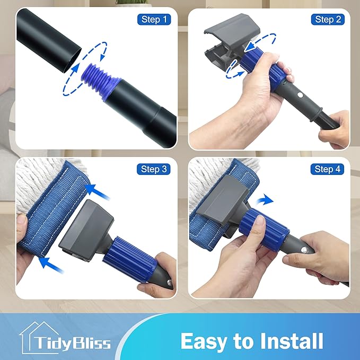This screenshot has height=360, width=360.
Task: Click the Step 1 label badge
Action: click(154, 19)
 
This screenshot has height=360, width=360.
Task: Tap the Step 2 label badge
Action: click(328, 19)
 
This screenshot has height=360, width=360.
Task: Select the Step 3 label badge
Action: click(154, 169)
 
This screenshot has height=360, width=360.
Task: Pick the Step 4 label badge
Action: click(327, 169)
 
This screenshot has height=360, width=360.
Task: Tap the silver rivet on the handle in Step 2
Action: click(300, 94)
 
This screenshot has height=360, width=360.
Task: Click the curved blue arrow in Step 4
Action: click(265, 200)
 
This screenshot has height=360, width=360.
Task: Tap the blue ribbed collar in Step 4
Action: click(264, 230)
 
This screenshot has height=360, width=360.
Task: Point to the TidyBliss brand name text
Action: click(73, 343)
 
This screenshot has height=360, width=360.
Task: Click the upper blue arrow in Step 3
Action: click(98, 192)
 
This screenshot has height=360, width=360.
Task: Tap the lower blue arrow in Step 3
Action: click(51, 266)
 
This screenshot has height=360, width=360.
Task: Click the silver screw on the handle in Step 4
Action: click(304, 250)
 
